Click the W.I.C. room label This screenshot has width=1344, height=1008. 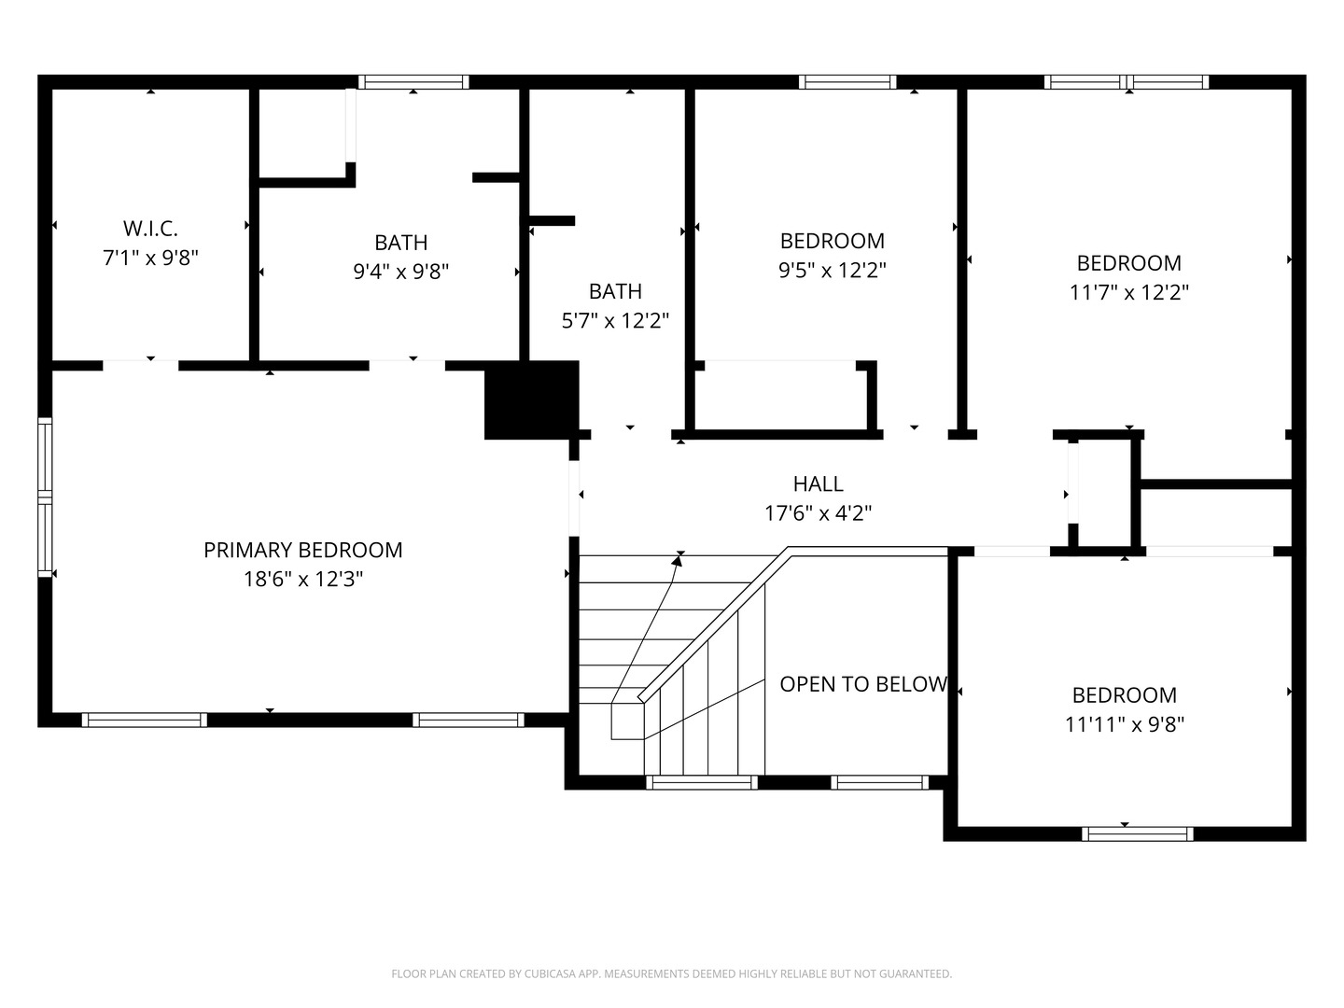click(x=150, y=229)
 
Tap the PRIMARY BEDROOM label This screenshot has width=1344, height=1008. click(x=303, y=551)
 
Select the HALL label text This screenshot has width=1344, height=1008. click(x=818, y=484)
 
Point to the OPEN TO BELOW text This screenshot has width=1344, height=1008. click(x=863, y=684)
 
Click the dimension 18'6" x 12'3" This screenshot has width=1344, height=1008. click(x=303, y=579)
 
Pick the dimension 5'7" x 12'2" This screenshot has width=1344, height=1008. click(x=615, y=320)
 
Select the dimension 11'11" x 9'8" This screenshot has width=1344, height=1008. click(x=1125, y=724)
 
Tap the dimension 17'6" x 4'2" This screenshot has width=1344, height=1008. click(x=818, y=513)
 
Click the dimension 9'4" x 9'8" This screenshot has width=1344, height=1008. click(x=401, y=271)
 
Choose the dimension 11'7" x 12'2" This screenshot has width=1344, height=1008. click(x=1129, y=292)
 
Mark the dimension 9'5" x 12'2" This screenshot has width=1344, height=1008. click(x=833, y=270)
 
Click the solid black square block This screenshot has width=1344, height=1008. click(x=531, y=399)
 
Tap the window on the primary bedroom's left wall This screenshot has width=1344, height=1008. click(x=46, y=497)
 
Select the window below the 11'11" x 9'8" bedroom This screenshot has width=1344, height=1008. click(x=1137, y=833)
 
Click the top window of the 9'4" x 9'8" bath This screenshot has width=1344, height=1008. click(x=413, y=82)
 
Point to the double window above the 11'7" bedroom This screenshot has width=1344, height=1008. click(x=1127, y=82)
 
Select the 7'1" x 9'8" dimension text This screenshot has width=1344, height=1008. click(x=150, y=259)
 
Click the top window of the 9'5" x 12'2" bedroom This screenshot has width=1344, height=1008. click(x=847, y=82)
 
